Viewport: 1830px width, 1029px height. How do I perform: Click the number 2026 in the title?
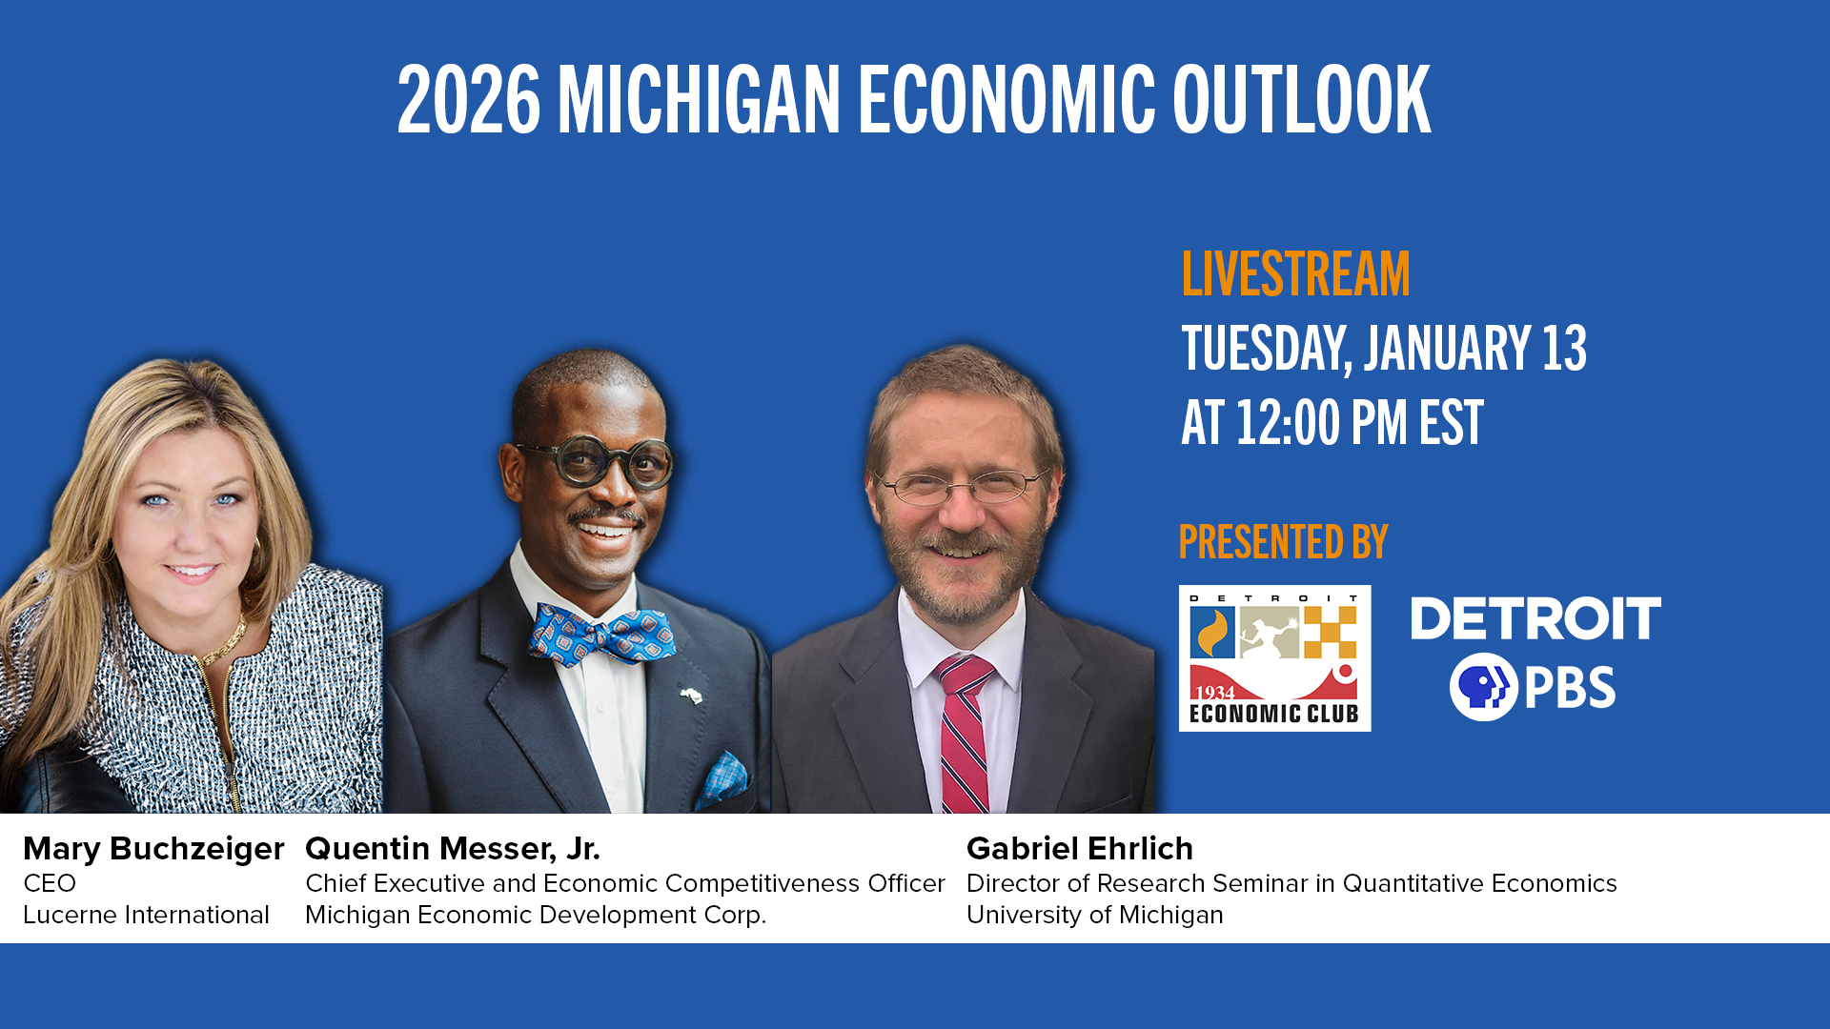coord(469,100)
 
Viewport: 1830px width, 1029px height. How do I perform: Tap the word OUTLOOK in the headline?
coord(1301,100)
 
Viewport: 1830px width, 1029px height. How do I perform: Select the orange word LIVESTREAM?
coord(1295,274)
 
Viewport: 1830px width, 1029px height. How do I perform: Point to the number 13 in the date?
coord(1564,348)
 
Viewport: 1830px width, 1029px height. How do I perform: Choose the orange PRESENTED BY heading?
coord(1283,542)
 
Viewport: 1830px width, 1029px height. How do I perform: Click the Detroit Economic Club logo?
coord(1274,658)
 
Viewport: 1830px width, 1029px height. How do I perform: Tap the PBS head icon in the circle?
coord(1483,687)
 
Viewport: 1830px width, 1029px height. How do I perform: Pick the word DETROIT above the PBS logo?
coord(1535,618)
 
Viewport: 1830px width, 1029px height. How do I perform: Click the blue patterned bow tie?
coord(601,634)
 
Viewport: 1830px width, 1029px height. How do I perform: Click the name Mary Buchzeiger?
coord(153,849)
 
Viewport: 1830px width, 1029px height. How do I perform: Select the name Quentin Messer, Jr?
coord(453,849)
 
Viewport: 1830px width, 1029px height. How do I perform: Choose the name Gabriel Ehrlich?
coord(1080,849)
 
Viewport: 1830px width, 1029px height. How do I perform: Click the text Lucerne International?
coord(146,915)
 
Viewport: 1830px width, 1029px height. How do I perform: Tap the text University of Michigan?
coord(1095,915)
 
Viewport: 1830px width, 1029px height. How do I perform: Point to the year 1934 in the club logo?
coord(1214,692)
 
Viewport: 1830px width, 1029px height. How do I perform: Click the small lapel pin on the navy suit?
coord(692,694)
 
